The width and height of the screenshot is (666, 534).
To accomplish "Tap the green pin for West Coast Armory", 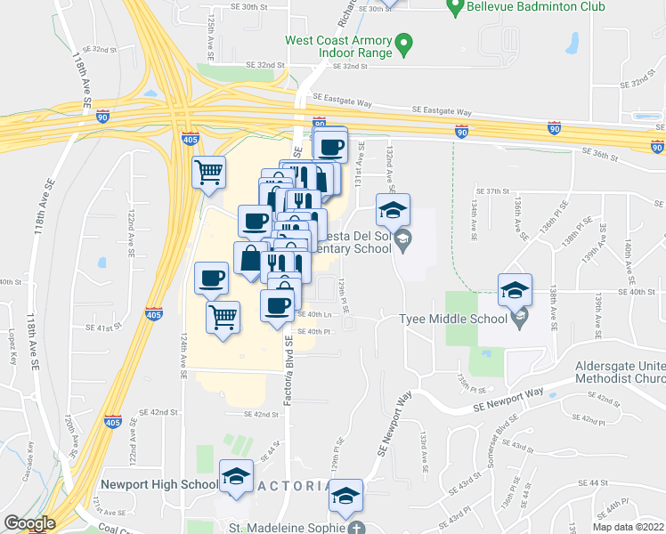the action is (403, 42).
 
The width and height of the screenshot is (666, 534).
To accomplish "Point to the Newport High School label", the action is (158, 484).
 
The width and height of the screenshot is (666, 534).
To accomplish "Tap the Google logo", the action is (29, 523).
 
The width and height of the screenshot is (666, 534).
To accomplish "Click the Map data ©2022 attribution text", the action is (629, 527).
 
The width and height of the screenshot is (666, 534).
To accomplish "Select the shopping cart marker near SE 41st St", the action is (223, 316).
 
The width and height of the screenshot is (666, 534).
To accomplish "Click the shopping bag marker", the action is (249, 258).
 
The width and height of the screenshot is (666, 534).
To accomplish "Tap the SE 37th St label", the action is (491, 191).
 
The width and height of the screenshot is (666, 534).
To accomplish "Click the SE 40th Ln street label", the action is (313, 314).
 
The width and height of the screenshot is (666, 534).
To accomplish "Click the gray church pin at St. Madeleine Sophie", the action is (356, 527).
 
